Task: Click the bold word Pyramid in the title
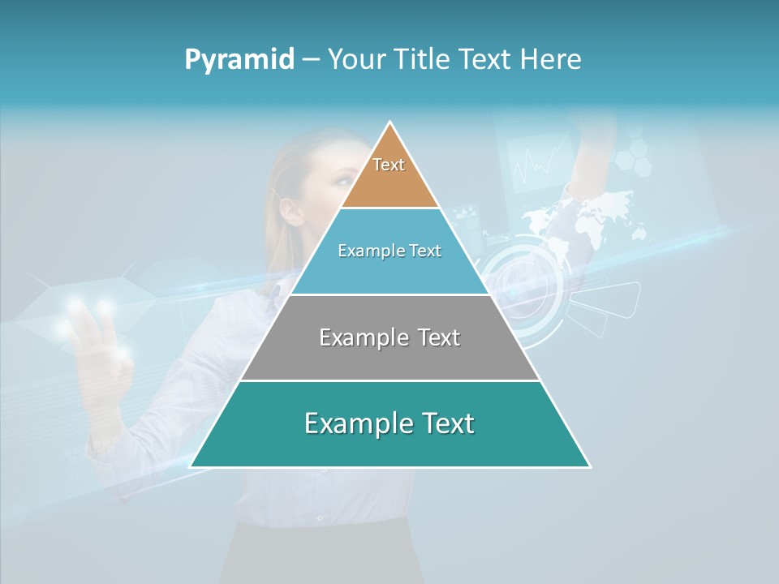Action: click(239, 59)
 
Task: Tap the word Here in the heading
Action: click(551, 59)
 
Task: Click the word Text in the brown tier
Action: click(389, 165)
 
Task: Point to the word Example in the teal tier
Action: click(346, 423)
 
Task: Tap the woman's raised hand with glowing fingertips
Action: click(97, 341)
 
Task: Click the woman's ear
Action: click(291, 209)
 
